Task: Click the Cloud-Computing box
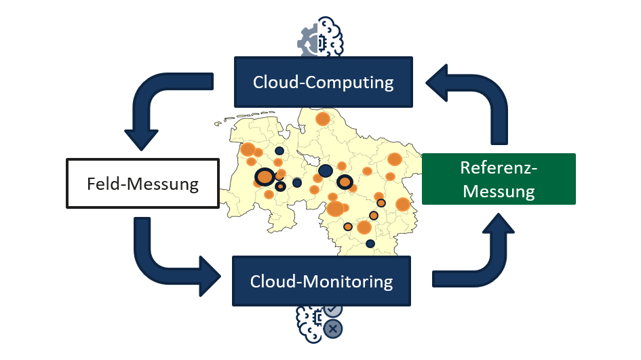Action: click(323, 82)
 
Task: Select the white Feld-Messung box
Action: click(142, 183)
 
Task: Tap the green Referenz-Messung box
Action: click(499, 179)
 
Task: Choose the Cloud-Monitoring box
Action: click(322, 281)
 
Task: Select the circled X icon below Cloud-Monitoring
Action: click(333, 329)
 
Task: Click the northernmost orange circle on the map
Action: click(323, 119)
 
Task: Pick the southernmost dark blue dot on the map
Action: click(370, 243)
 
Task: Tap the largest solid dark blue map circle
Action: click(326, 171)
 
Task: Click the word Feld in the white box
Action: click(102, 184)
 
